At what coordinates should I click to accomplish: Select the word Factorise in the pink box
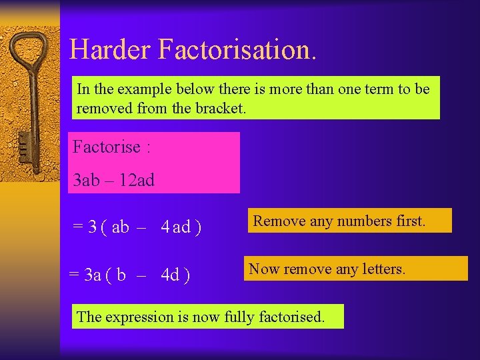click(107, 147)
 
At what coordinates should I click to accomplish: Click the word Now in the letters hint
click(264, 269)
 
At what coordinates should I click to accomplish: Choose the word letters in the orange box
click(381, 269)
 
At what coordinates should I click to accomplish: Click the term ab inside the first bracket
click(121, 227)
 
